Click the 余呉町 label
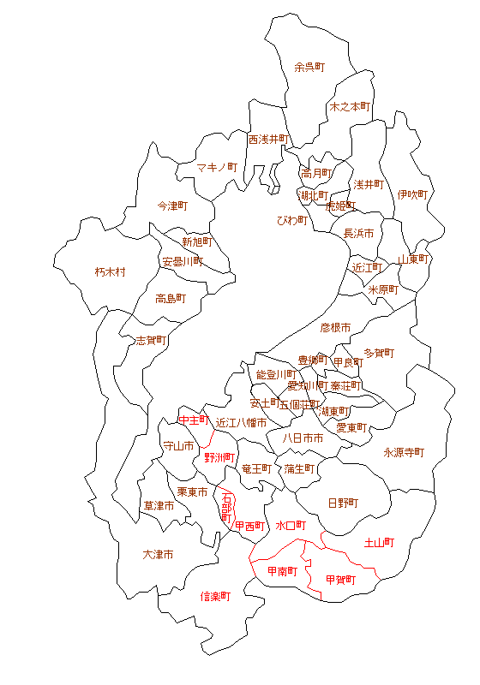tap(309, 66)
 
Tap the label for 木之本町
tap(350, 107)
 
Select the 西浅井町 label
tap(269, 139)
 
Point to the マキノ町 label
tap(216, 167)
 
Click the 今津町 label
tap(173, 206)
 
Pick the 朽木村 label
tap(111, 272)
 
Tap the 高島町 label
tap(171, 299)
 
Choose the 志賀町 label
tap(152, 340)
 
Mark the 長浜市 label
tap(358, 233)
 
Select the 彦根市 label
tap(336, 327)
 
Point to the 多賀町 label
tap(379, 353)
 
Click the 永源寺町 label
tap(404, 452)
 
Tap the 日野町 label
tap(344, 503)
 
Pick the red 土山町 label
tap(379, 542)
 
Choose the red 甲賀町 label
tap(341, 580)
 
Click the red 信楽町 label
tap(216, 596)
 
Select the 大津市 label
tap(158, 555)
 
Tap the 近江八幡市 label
tap(241, 423)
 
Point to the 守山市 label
tap(179, 446)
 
